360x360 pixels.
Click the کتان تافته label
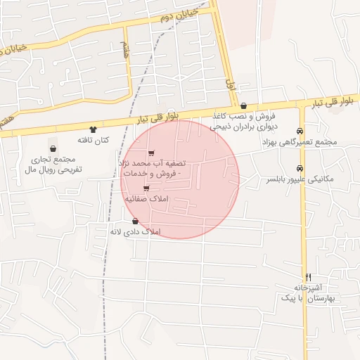coord(94,141)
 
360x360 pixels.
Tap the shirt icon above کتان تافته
coord(93,129)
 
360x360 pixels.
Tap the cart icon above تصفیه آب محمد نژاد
coord(152,153)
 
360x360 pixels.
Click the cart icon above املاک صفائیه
coord(146,188)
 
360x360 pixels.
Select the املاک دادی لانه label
coord(136,231)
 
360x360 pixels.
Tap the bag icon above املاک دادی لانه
coord(135,221)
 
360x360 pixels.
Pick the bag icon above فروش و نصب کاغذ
coord(243,105)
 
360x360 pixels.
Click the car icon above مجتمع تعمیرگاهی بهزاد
coord(300,131)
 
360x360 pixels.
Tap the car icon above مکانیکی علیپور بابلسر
coord(300,168)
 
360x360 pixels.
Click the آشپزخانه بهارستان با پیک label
coord(310,293)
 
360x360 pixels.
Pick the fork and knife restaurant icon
coord(308,277)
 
